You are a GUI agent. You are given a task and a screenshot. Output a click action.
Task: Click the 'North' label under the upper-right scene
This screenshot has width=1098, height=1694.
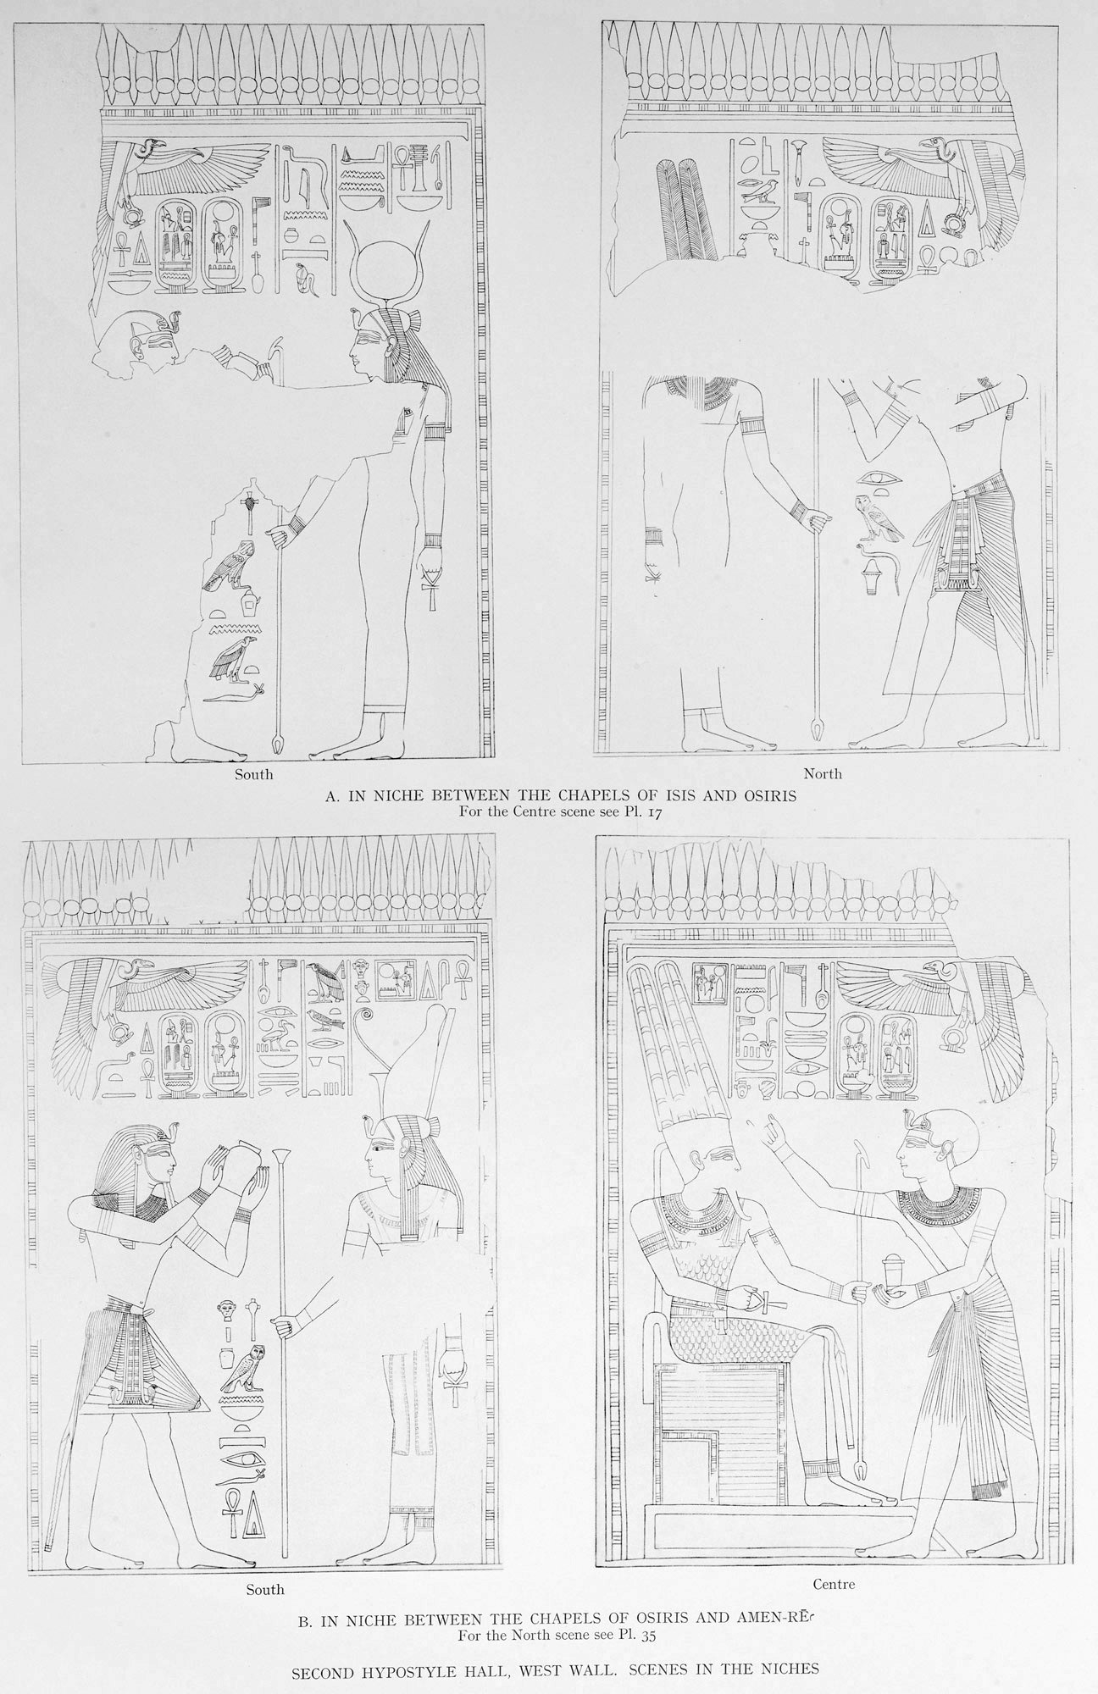click(x=825, y=773)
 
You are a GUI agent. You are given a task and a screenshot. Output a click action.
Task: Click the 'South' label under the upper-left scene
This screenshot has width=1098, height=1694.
click(x=253, y=774)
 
